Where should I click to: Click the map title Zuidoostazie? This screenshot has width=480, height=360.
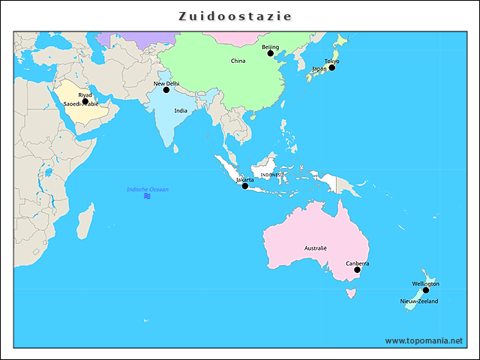[x=235, y=16]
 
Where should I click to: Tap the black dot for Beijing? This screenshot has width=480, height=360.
[x=271, y=53]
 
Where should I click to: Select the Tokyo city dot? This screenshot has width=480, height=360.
[x=332, y=67]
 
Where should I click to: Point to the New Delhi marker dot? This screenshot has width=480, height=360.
[x=166, y=90]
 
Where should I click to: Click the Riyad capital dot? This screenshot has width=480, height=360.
[x=85, y=101]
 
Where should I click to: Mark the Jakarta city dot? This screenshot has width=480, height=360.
[x=244, y=186]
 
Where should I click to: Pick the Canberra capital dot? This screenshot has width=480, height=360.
[x=357, y=270]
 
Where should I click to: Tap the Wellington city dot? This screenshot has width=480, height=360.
[x=425, y=290]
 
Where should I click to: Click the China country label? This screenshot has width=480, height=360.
[x=238, y=61]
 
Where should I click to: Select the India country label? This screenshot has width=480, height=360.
[x=181, y=110]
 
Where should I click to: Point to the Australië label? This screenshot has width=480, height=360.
[x=316, y=247]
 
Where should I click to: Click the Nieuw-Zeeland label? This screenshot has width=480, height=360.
[x=418, y=301]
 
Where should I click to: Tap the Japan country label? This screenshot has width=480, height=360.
[x=319, y=69]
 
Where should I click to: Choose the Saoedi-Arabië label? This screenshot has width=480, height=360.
[x=80, y=104]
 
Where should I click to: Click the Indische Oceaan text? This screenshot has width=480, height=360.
[x=147, y=190]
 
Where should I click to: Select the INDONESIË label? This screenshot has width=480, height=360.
[x=271, y=175]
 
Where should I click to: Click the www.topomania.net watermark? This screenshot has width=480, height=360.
[x=424, y=340]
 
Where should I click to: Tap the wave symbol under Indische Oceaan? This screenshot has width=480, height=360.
[x=147, y=196]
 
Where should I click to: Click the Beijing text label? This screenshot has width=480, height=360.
[x=270, y=46]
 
